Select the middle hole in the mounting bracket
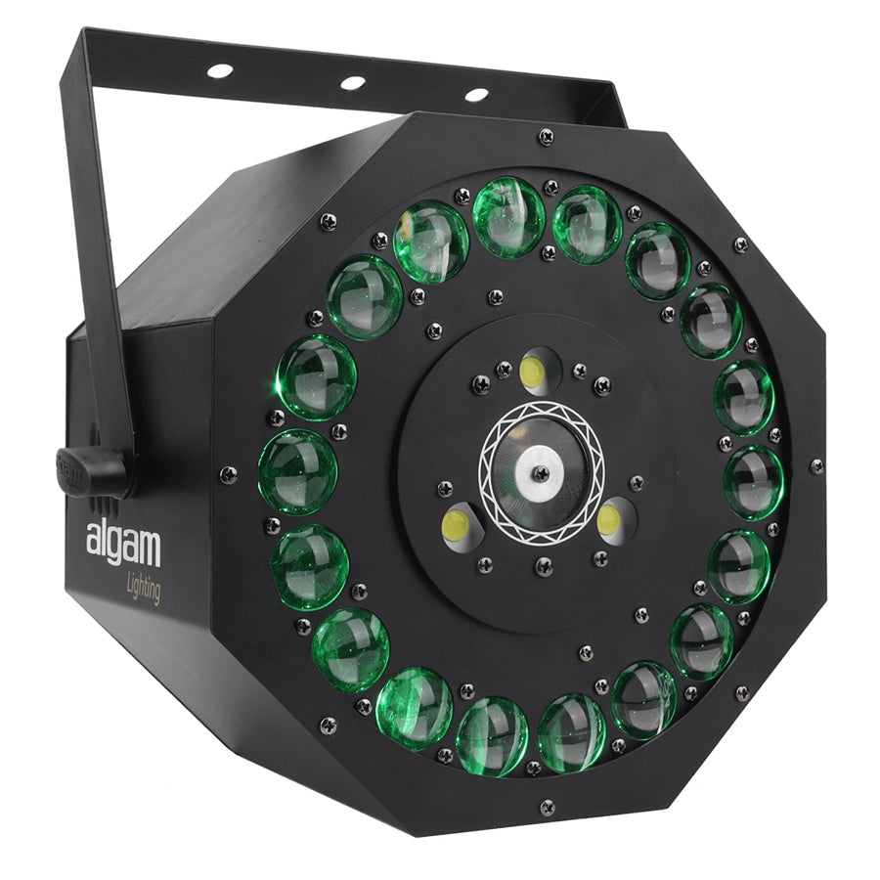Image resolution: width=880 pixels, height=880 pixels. click(353, 82)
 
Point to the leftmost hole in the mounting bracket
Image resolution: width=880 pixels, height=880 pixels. click(220, 70)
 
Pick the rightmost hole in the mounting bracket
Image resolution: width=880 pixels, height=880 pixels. click(476, 95)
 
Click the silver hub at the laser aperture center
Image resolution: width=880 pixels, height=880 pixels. click(540, 472)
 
